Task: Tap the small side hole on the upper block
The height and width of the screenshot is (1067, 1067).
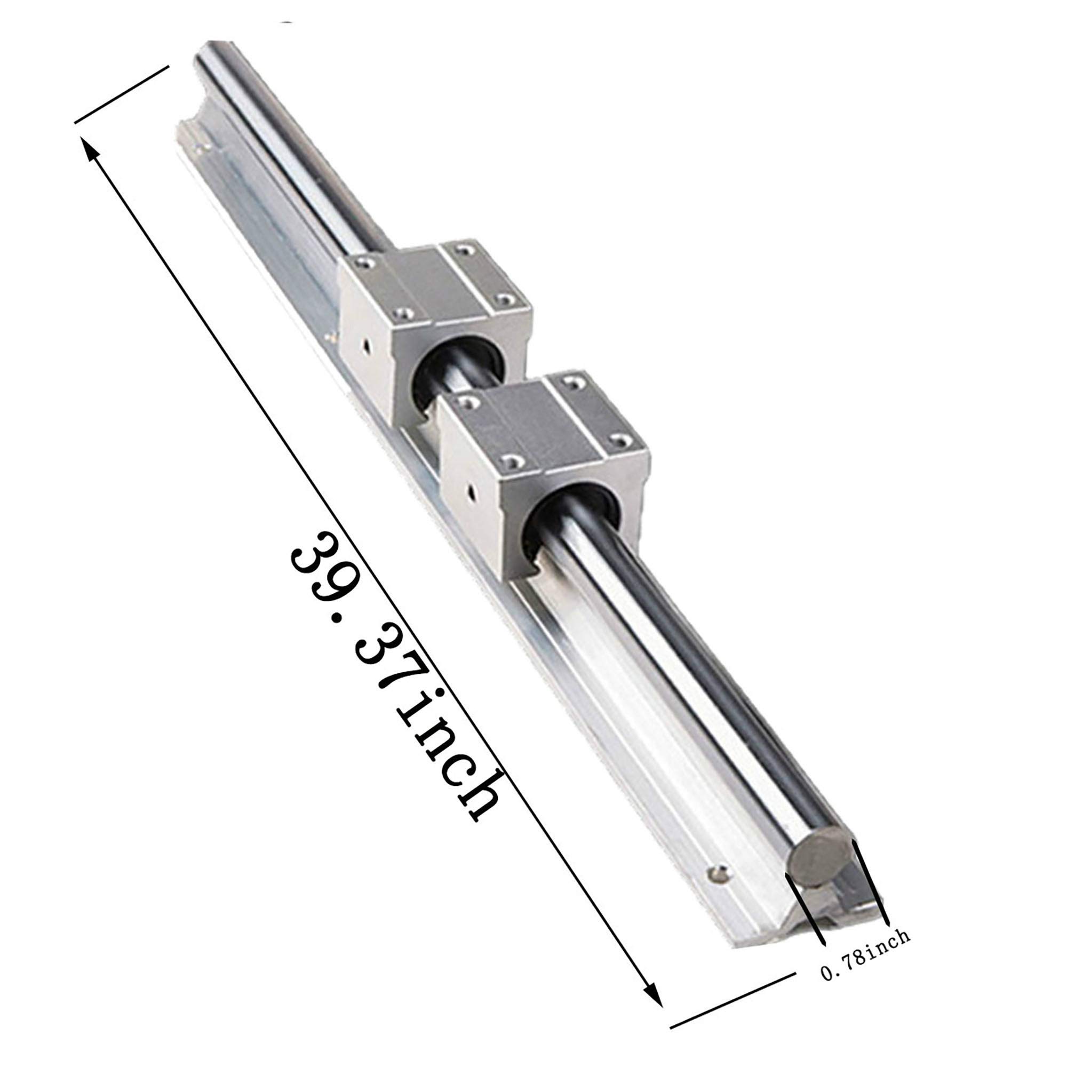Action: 366,347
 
